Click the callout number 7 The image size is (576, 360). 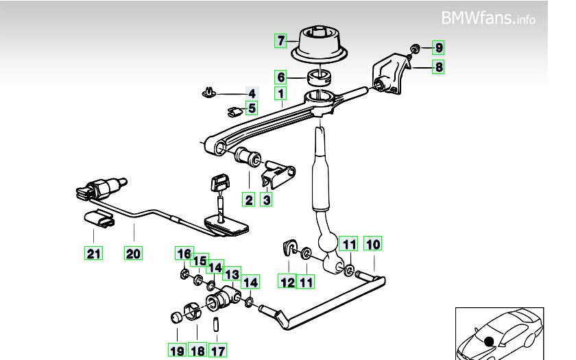click(x=280, y=40)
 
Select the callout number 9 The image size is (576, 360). click(x=438, y=48)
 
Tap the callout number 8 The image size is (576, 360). click(x=438, y=67)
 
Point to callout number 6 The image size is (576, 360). click(x=280, y=77)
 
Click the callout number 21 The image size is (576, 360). click(x=94, y=254)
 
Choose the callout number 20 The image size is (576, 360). click(x=133, y=254)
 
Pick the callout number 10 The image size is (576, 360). click(x=373, y=244)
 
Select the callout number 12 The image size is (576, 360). click(x=287, y=281)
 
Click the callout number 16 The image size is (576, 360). click(x=183, y=254)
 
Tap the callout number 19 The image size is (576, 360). click(x=177, y=351)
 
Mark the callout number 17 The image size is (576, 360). click(x=217, y=351)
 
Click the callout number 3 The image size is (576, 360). click(x=267, y=200)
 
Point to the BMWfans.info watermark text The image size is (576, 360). click(x=488, y=18)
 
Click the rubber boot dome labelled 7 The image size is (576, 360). click(x=322, y=41)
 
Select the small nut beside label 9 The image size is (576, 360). click(x=416, y=47)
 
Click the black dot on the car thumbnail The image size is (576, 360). click(x=489, y=340)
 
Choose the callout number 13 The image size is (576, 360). click(x=232, y=274)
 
